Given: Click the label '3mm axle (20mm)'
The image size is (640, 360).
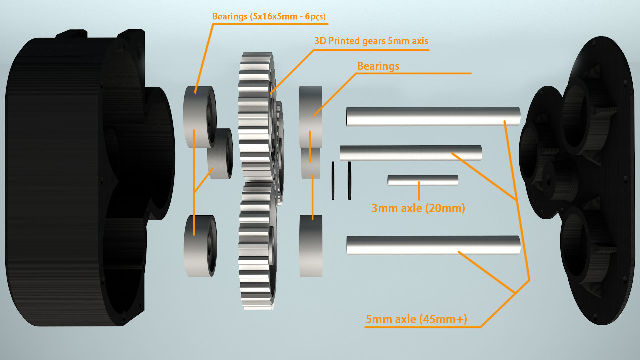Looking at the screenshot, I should [418, 208].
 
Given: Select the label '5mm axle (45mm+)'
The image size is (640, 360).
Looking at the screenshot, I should [416, 319].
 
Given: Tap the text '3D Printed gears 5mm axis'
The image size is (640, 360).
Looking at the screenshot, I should [371, 41].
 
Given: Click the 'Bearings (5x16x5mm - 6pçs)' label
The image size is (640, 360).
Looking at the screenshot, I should [269, 16].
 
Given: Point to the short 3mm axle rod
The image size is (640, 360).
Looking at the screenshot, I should [423, 180].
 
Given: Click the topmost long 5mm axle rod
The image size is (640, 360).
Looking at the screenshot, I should [433, 116].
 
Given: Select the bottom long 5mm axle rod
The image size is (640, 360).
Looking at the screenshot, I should [433, 245].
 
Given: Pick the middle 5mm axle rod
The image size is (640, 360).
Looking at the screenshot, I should [410, 153].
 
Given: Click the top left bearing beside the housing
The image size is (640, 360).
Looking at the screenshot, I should [199, 117].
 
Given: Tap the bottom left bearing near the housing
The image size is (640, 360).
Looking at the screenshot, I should [199, 246].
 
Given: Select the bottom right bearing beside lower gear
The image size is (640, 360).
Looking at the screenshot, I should [311, 246].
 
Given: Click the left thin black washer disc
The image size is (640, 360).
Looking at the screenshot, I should [333, 181].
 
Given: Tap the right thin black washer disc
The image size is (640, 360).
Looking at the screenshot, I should [349, 181].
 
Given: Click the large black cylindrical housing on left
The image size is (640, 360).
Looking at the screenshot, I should [67, 180].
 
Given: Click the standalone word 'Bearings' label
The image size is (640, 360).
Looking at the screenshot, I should [378, 66].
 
